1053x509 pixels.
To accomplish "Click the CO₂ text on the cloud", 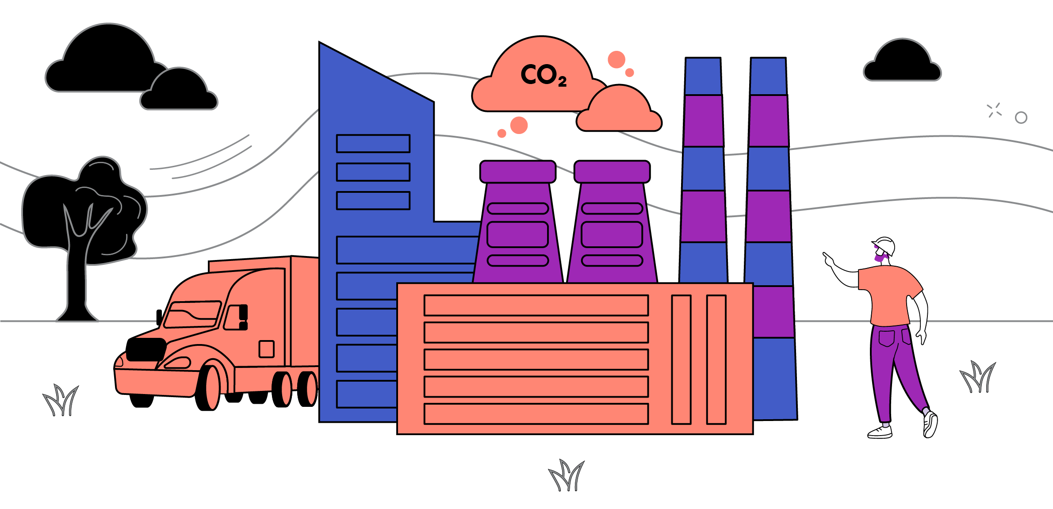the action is (544, 75).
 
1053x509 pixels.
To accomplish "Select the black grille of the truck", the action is (146, 349).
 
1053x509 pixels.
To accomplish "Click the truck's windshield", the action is (192, 314).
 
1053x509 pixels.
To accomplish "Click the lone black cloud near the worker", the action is (902, 61).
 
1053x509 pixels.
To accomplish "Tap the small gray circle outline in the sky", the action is (1021, 118).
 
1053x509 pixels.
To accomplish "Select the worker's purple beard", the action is (881, 256).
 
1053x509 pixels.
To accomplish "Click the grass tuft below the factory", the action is (567, 475).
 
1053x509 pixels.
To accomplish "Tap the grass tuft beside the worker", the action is (978, 377).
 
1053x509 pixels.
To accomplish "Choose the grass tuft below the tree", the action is (61, 400).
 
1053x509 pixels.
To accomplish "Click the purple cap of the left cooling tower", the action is (518, 172).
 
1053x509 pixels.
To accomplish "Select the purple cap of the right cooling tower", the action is (612, 172).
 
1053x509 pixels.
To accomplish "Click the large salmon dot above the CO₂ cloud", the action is (616, 59).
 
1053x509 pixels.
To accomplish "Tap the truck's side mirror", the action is (159, 317).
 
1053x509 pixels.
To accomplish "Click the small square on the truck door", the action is (267, 349).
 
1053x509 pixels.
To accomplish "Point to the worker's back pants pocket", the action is (886, 338).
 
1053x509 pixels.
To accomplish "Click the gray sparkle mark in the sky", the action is (994, 110).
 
